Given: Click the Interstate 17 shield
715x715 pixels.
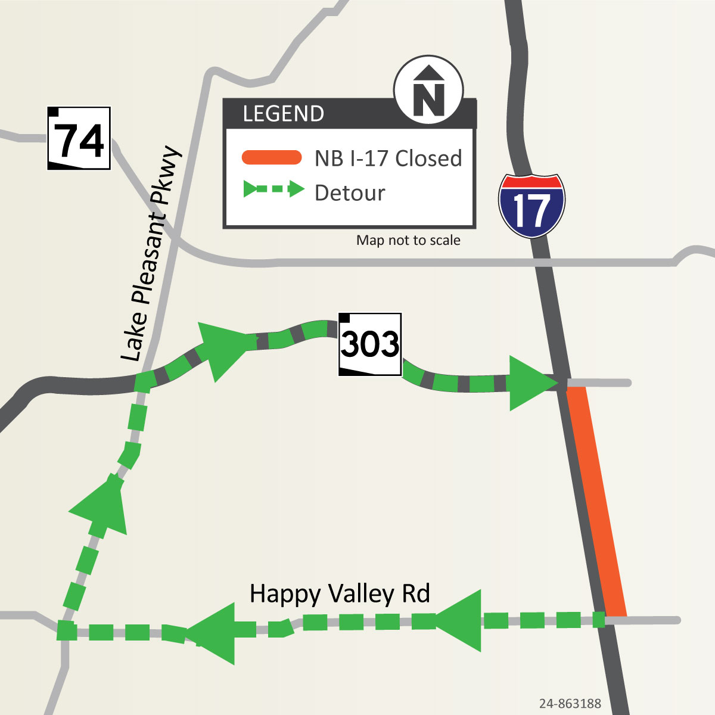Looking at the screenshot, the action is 531,206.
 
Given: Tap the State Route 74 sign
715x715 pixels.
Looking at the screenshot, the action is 79,138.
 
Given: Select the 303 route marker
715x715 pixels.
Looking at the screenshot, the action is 370,344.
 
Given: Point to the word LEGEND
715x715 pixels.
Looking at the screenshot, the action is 283,114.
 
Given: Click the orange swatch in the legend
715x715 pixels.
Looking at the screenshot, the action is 272,158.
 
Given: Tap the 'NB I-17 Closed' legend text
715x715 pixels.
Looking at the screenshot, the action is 388,158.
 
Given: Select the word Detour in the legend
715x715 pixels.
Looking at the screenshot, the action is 350,193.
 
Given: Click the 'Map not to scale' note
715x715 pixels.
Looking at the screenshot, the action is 408,240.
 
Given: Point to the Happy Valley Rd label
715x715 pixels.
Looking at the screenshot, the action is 340,594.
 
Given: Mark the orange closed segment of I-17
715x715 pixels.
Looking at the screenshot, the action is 596,500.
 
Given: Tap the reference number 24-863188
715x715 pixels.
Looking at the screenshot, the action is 570,704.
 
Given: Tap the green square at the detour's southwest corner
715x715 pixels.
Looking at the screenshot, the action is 67,630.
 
